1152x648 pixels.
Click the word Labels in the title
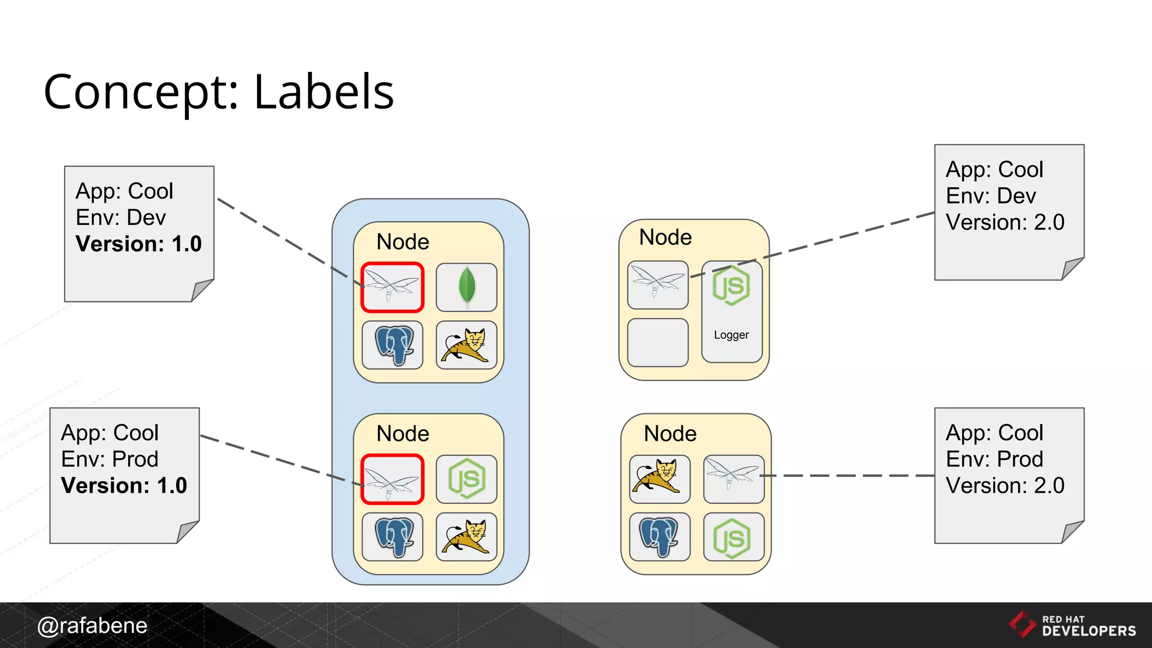tap(323, 92)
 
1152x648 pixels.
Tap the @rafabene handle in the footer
tap(92, 625)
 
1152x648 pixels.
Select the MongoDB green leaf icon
tap(466, 287)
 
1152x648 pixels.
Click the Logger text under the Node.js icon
tap(731, 335)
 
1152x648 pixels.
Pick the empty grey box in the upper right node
tap(658, 343)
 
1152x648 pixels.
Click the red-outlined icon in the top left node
tap(392, 287)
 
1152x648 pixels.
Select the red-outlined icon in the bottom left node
tap(392, 479)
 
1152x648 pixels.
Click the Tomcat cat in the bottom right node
tap(659, 478)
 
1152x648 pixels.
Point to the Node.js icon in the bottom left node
tap(466, 479)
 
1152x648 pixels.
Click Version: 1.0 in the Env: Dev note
tap(138, 244)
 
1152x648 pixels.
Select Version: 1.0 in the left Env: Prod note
tap(124, 486)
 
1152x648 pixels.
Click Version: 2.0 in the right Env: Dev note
tap(1005, 222)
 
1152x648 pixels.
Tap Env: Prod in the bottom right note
tap(994, 460)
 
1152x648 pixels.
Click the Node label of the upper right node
tap(665, 237)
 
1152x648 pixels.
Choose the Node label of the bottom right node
tap(670, 434)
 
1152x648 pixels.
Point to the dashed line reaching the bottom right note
tap(849, 476)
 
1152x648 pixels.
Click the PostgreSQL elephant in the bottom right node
tap(659, 537)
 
